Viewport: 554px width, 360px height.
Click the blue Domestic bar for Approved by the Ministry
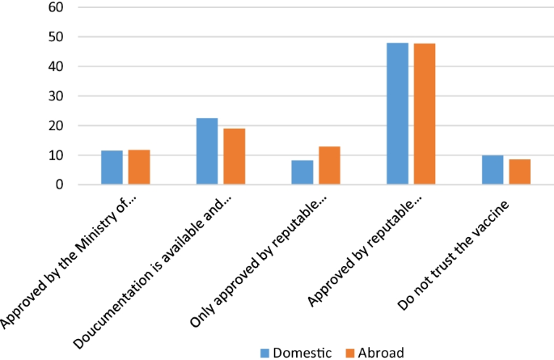pos(112,167)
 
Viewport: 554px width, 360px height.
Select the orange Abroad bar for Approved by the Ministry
pos(139,167)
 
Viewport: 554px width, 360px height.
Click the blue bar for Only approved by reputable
pos(302,172)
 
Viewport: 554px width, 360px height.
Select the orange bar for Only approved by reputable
pos(329,166)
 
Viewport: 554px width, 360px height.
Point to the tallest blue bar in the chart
pos(397,113)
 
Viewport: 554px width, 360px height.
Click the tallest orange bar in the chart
pos(425,114)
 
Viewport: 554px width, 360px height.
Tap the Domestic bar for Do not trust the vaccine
pos(493,170)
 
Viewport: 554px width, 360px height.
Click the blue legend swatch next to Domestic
pos(264,352)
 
